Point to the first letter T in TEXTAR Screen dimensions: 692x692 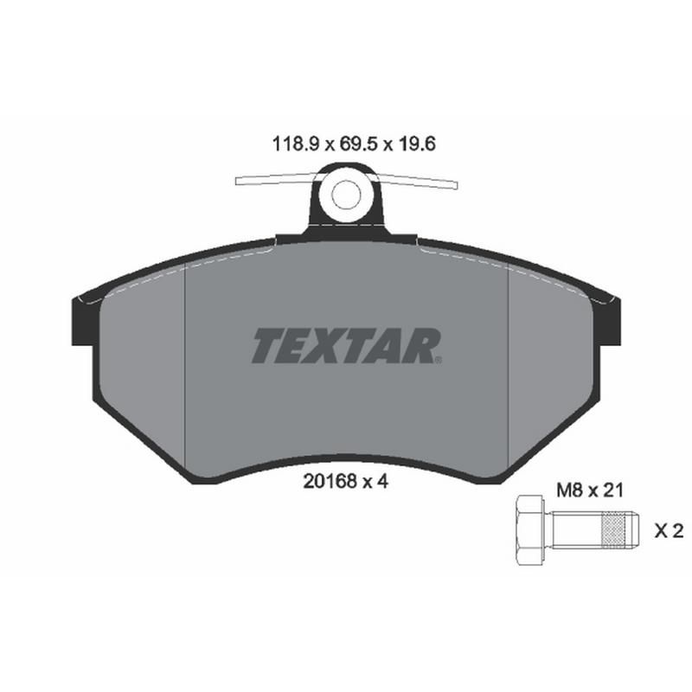tap(266, 346)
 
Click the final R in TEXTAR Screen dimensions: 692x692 tap(425, 346)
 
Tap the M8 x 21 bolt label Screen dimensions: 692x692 tap(588, 490)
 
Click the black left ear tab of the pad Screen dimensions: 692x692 tap(79, 320)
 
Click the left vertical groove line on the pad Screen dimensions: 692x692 tap(187, 363)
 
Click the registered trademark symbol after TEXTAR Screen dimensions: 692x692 tap(439, 359)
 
